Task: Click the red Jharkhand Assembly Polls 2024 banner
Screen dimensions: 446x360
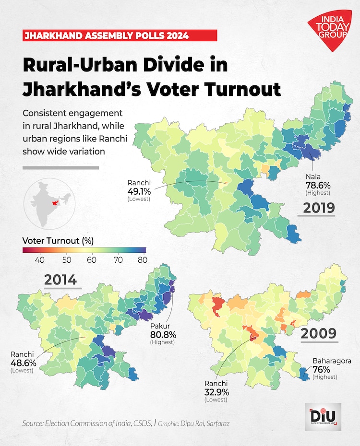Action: tap(120, 35)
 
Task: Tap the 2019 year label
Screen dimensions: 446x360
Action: tap(318, 208)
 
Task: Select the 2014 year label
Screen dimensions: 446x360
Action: tap(60, 279)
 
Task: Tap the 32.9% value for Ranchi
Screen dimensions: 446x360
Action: tap(216, 391)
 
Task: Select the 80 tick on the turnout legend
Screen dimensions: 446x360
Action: tap(142, 260)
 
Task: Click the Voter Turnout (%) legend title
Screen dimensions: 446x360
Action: tap(58, 240)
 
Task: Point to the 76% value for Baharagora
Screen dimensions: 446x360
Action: tap(322, 369)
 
